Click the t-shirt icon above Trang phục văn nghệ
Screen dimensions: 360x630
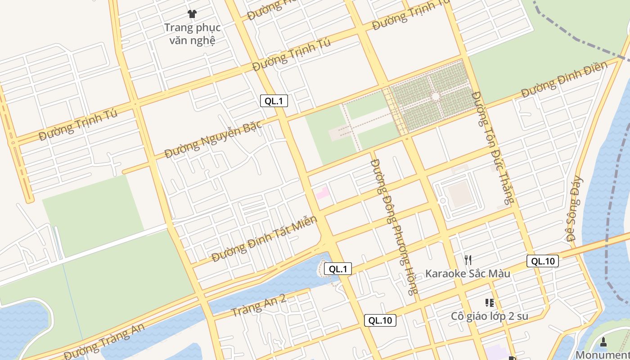[192, 14]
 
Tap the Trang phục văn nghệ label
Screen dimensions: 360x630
[192, 34]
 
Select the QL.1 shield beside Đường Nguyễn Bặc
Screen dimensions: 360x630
[274, 101]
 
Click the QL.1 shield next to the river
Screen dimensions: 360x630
[337, 269]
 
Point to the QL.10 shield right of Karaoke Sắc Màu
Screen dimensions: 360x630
[542, 261]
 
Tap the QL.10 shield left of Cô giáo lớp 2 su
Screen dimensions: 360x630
[380, 320]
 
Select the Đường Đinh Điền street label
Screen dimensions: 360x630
[564, 80]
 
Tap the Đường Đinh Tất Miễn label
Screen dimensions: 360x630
[265, 239]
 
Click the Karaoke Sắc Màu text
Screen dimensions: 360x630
[468, 273]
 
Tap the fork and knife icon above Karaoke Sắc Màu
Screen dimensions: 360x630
[468, 260]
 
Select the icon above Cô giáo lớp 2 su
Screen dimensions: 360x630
[489, 303]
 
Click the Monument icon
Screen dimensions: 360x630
[603, 342]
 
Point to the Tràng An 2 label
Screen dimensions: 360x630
[258, 306]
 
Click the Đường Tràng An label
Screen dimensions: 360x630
[104, 341]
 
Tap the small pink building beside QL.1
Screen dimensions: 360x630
[323, 193]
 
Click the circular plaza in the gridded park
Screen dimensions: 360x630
[435, 96]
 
